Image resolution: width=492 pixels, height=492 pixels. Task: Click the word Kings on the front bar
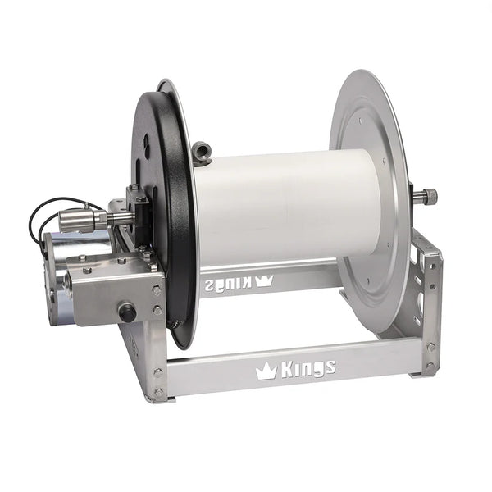(x=308, y=369)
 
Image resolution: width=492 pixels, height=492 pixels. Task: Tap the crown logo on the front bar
(x=266, y=371)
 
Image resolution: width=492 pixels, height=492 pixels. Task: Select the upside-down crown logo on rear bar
(x=264, y=280)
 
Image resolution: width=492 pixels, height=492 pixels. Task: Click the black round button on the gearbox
(x=127, y=312)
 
